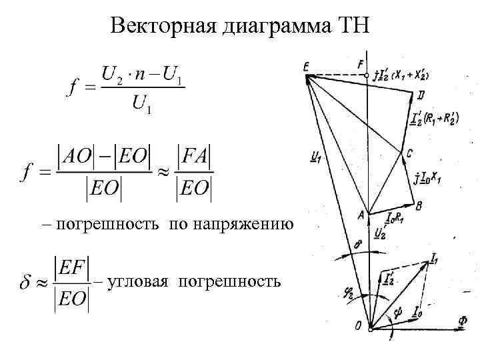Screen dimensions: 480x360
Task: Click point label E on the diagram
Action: [306, 65]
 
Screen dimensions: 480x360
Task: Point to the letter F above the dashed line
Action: [361, 65]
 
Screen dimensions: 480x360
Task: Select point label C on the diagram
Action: [410, 153]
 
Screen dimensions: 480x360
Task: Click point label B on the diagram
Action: [418, 207]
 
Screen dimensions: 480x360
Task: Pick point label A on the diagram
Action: [361, 214]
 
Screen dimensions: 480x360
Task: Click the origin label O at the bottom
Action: [359, 325]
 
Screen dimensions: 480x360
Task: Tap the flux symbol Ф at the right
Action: [463, 319]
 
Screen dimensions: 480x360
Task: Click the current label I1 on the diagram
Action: [435, 257]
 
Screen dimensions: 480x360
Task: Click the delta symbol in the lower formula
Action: [24, 283]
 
